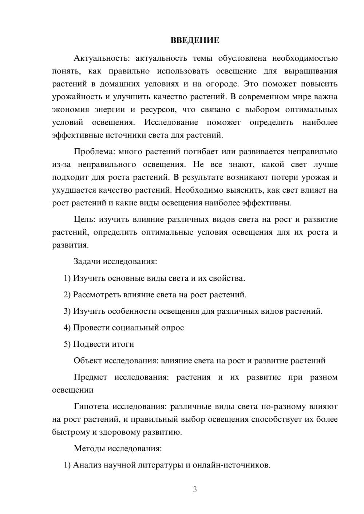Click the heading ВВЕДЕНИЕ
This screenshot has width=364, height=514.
pyautogui.click(x=195, y=40)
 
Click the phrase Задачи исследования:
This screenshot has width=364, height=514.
pyautogui.click(x=115, y=262)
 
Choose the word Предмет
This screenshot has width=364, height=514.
pyautogui.click(x=90, y=377)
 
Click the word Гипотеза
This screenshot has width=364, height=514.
pyautogui.click(x=91, y=406)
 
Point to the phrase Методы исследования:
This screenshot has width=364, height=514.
pyautogui.click(x=118, y=448)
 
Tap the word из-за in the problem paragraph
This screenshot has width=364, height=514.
pyautogui.click(x=61, y=165)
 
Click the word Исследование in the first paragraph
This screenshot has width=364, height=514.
pyautogui.click(x=171, y=123)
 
